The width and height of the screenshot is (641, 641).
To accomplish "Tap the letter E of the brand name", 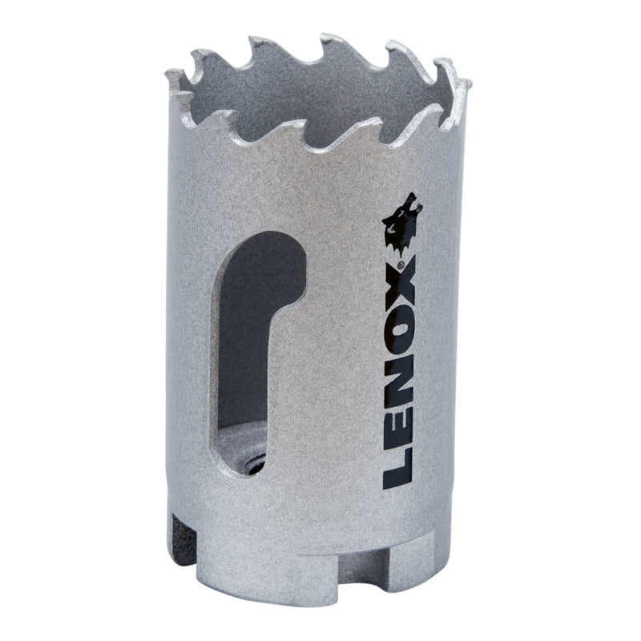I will (398, 430).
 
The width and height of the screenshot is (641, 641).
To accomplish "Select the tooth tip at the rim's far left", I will (171, 74).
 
